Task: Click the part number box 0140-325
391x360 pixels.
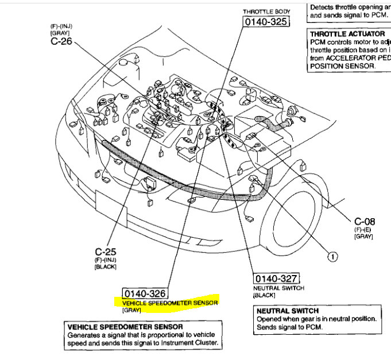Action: (x=266, y=22)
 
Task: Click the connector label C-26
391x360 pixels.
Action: (x=61, y=41)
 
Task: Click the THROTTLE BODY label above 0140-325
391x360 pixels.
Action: (x=266, y=11)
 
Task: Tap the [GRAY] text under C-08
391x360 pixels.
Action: (x=363, y=236)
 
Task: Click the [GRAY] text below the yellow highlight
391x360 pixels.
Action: (x=131, y=310)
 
